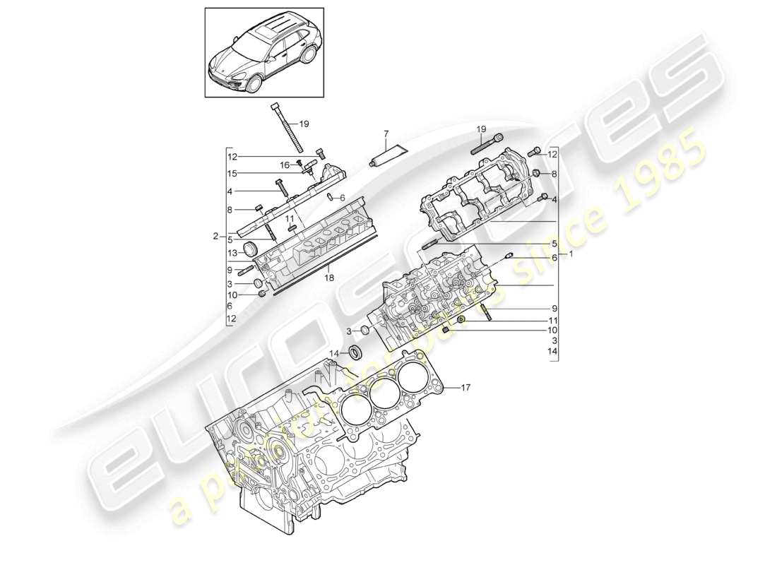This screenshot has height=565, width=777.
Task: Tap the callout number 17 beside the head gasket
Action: click(x=465, y=387)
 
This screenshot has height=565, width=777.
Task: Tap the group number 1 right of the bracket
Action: click(x=571, y=255)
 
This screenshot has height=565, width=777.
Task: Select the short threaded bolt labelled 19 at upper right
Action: click(x=486, y=145)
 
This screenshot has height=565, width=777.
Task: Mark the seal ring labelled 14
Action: click(x=356, y=351)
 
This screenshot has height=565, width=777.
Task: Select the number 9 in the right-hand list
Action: click(x=554, y=309)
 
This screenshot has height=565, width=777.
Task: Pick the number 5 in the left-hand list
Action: click(x=231, y=239)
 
